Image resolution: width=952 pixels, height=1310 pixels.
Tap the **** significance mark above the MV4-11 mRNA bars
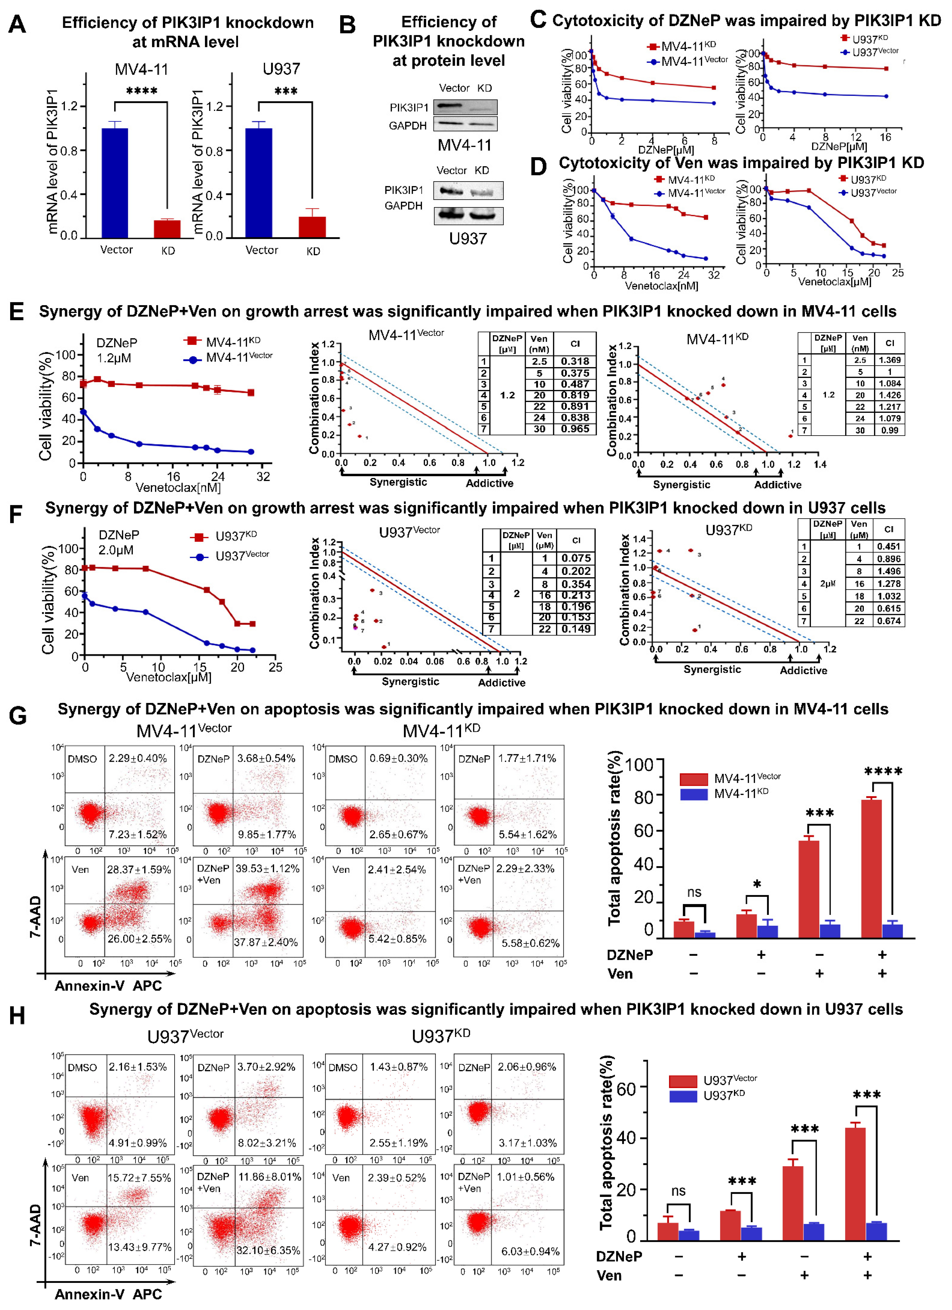pyautogui.click(x=141, y=91)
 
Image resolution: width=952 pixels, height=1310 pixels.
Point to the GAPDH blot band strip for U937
pyautogui.click(x=468, y=215)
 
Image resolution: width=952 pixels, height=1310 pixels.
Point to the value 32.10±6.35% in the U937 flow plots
pyautogui.click(x=268, y=1250)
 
